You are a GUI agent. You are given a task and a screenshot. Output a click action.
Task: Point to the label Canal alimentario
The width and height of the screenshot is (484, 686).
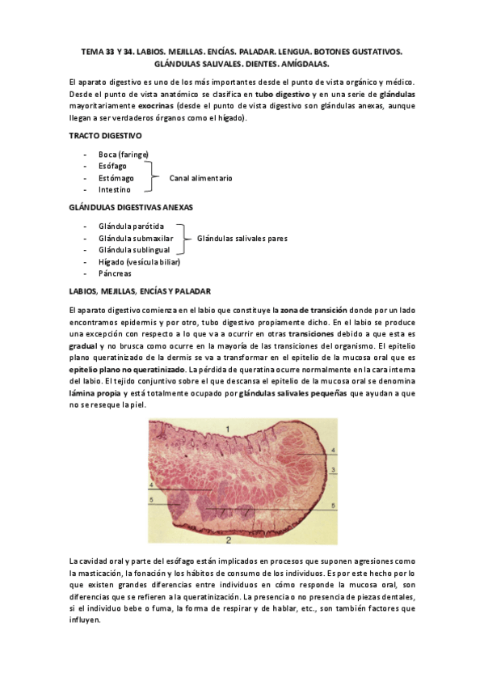[200, 177]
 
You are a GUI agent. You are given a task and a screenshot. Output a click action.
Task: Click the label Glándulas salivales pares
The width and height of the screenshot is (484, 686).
[242, 239]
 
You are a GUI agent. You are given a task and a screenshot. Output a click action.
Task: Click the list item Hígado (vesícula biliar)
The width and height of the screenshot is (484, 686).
[139, 262]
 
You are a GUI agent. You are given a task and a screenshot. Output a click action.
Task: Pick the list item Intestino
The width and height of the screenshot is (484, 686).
[115, 189]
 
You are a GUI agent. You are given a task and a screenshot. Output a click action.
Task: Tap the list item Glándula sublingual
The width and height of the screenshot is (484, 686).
[133, 251]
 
